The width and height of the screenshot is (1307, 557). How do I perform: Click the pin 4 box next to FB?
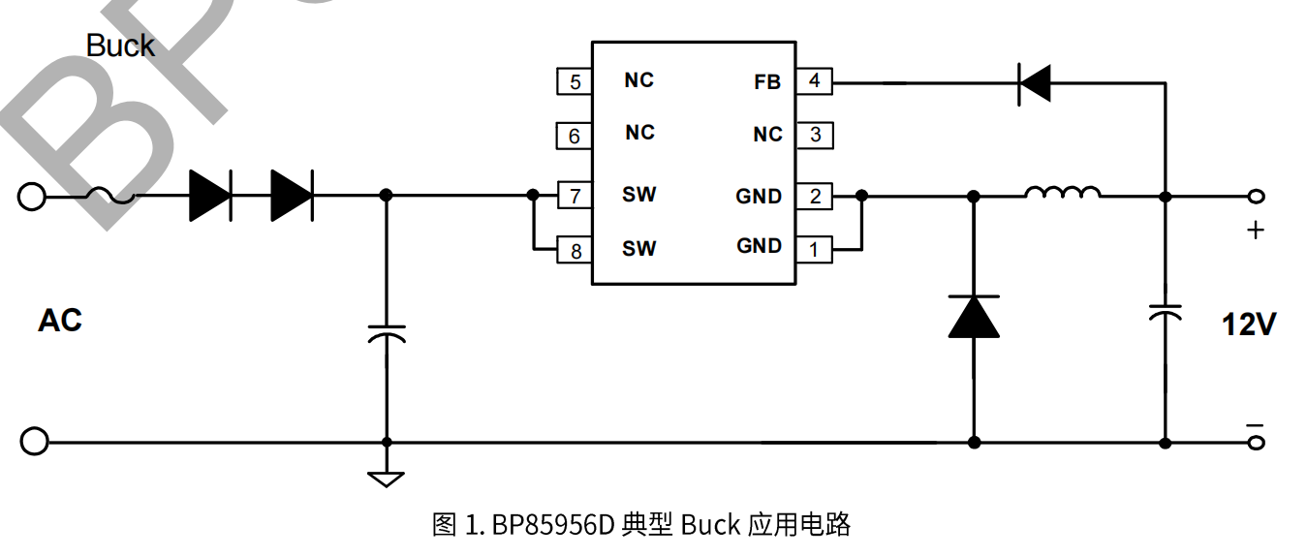814,81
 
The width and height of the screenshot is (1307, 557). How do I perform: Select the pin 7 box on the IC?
575,197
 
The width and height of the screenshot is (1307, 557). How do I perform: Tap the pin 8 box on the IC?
575,251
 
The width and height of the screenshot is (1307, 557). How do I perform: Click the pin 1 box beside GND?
814,249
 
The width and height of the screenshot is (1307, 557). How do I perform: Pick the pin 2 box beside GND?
814,197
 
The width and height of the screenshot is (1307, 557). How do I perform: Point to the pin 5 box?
575,81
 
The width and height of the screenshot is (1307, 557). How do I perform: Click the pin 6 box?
575,136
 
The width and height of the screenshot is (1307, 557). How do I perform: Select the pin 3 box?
814,135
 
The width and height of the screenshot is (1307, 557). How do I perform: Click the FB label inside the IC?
766,82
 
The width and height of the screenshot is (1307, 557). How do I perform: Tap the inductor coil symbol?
1062,193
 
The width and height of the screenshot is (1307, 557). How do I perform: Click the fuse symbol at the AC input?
110,197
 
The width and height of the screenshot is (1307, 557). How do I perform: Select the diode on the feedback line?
1034,82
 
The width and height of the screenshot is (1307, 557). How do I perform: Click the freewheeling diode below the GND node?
974,317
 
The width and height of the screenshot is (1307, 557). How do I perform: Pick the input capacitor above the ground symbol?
387,333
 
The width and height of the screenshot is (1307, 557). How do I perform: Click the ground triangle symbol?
387,478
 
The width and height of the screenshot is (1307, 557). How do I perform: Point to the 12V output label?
1248,325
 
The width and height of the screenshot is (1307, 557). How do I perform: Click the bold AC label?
60,320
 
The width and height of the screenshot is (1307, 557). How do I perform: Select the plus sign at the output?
1255,231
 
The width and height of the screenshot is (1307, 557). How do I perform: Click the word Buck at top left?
120,46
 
